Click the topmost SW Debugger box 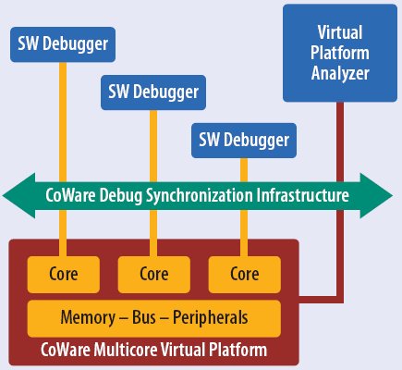[x=63, y=44]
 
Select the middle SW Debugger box [x=153, y=92]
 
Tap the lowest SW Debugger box [x=244, y=141]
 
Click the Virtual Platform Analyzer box [x=340, y=53]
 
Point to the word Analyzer [x=340, y=73]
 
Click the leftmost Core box [x=64, y=275]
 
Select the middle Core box [x=154, y=275]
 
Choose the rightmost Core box [x=245, y=275]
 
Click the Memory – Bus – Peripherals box [x=154, y=318]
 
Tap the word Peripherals [x=211, y=317]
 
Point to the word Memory [x=88, y=317]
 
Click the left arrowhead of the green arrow [x=18, y=196]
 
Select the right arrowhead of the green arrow [x=376, y=196]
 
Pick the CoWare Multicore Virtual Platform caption [x=153, y=350]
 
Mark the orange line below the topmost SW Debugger [x=63, y=159]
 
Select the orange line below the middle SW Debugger [x=153, y=183]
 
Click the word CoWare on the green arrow [x=70, y=195]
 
